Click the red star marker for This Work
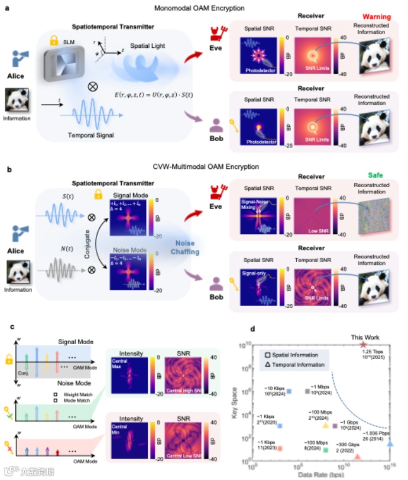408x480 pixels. click(x=363, y=344)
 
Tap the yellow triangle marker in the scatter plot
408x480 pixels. click(x=325, y=425)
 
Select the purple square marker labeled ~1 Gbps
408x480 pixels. click(x=335, y=425)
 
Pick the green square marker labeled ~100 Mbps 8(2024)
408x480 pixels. click(x=326, y=450)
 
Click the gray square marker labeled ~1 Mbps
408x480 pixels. click(x=307, y=391)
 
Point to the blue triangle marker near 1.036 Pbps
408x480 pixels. click(x=390, y=443)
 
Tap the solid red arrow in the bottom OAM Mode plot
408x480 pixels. click(x=57, y=453)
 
